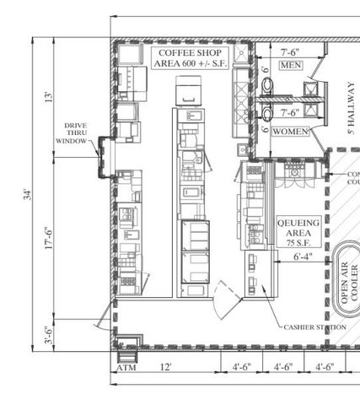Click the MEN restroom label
point(291,66)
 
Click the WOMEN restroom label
point(289,132)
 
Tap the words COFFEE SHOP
point(183,52)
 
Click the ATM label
point(126,368)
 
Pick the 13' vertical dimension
point(49,97)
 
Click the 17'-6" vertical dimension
point(49,240)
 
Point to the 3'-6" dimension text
point(49,336)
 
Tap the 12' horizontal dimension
point(166,367)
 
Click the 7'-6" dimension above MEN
point(291,51)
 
